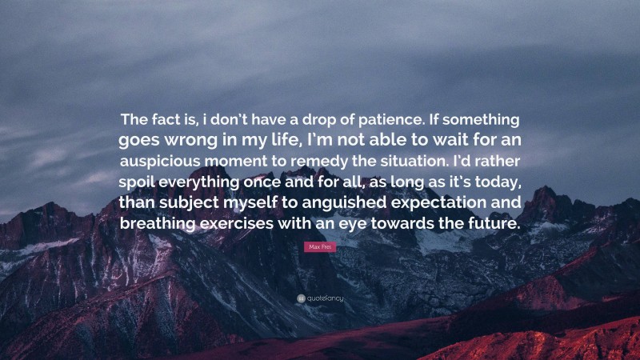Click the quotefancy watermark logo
(x=320, y=298)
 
